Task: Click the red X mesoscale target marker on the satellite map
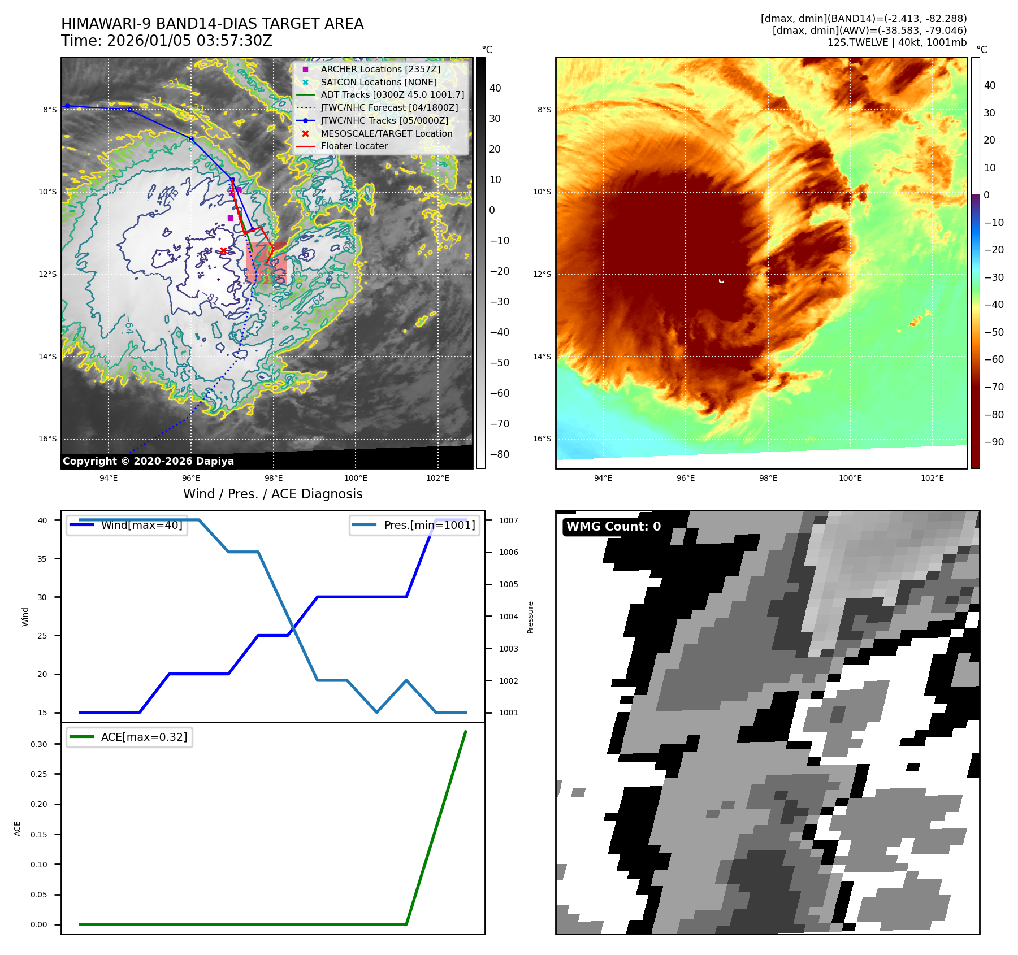(x=223, y=251)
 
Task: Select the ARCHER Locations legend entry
(x=380, y=69)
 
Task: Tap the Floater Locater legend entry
(x=354, y=146)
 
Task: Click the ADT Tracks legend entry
(x=392, y=94)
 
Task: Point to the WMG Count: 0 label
(x=613, y=527)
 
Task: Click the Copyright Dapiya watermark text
(x=148, y=461)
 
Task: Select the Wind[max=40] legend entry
(x=141, y=525)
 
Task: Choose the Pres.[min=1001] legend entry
(x=429, y=525)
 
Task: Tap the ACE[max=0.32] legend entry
(x=144, y=737)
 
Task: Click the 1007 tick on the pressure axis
(x=508, y=520)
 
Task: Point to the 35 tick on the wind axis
(x=43, y=559)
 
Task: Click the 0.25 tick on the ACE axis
(x=39, y=774)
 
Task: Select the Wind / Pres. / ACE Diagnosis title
(x=273, y=494)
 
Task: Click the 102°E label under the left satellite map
(x=437, y=478)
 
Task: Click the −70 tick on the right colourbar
(x=994, y=387)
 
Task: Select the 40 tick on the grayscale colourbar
(x=495, y=88)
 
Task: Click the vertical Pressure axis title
(x=530, y=617)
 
